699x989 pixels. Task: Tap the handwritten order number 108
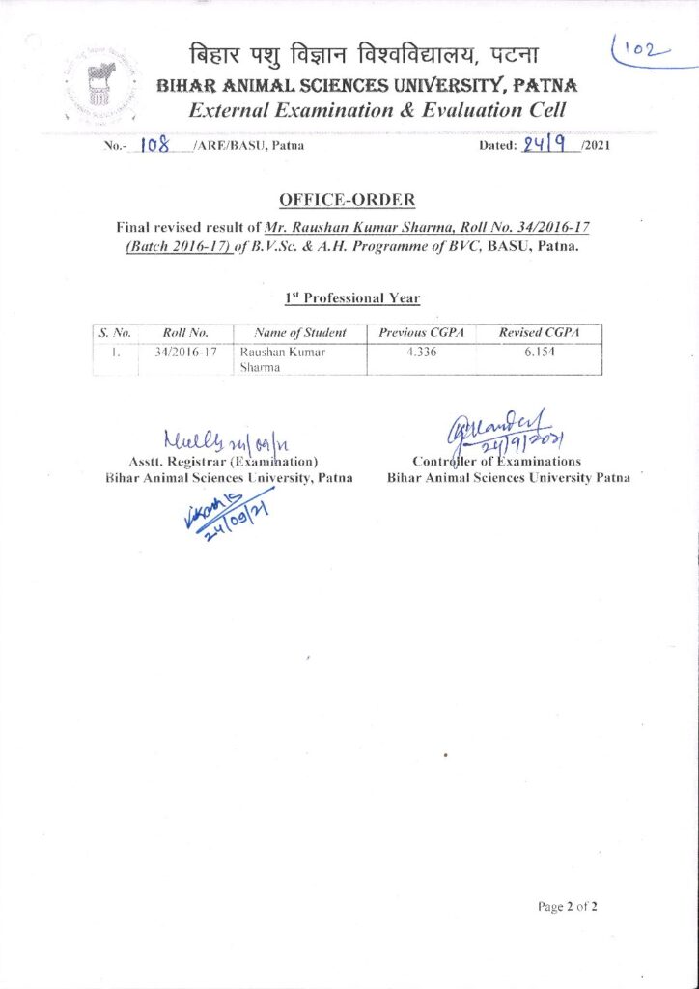point(155,146)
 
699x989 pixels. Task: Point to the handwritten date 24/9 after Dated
point(546,145)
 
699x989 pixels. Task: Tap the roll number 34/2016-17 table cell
point(186,353)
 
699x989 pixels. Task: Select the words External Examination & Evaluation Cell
point(377,111)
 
